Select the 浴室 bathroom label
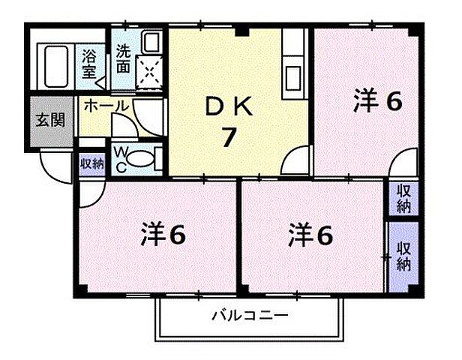89,61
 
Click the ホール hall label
105,106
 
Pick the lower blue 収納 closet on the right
403,255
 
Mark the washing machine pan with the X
151,73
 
